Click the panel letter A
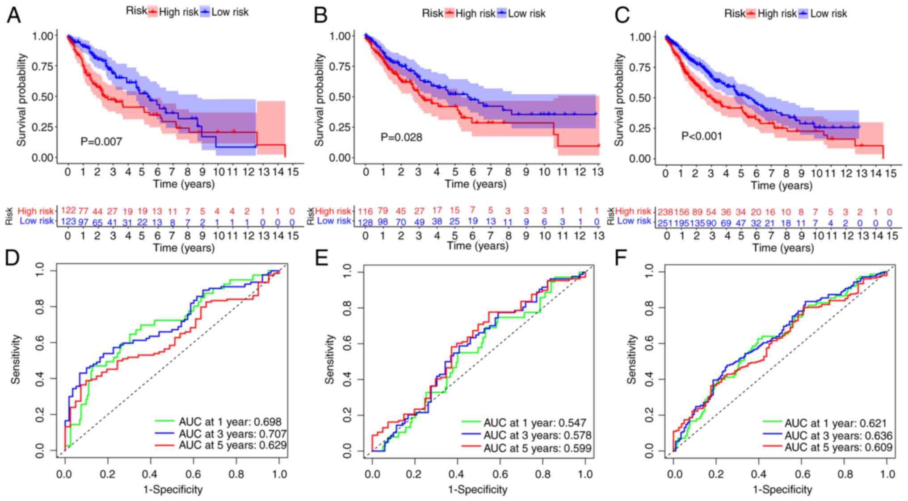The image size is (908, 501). click(x=13, y=15)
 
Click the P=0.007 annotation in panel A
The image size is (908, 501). click(x=101, y=142)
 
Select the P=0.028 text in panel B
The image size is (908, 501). click(x=401, y=137)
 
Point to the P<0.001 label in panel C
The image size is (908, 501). click(x=702, y=136)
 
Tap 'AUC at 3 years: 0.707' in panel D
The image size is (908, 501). click(x=232, y=434)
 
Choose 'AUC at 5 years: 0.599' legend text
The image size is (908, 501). click(x=537, y=448)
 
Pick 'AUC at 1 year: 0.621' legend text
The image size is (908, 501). click(x=835, y=423)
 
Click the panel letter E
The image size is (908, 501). click(x=322, y=258)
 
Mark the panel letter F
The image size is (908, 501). click(x=621, y=258)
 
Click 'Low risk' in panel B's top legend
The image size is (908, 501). click(x=526, y=14)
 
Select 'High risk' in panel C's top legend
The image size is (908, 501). click(x=777, y=14)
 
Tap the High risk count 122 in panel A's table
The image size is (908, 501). click(x=68, y=211)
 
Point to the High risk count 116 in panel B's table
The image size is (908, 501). click(x=366, y=211)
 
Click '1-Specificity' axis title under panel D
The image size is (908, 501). click(x=172, y=490)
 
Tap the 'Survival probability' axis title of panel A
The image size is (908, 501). click(x=21, y=100)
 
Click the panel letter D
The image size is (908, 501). click(x=12, y=258)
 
